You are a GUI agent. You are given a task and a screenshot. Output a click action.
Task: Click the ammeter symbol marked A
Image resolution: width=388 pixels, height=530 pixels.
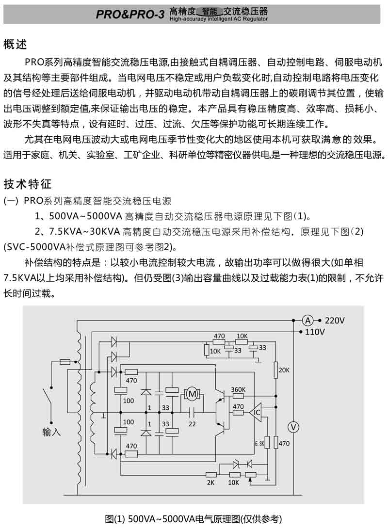(x=307, y=320)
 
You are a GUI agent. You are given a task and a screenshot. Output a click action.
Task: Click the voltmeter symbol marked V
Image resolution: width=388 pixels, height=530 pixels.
(x=293, y=426)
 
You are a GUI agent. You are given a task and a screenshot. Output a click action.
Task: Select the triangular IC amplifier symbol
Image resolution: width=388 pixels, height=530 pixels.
(x=256, y=413)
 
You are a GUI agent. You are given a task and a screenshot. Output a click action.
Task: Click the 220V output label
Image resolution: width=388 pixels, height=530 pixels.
(x=335, y=321)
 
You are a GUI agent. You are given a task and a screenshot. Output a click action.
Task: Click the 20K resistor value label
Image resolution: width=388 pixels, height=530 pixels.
(x=285, y=370)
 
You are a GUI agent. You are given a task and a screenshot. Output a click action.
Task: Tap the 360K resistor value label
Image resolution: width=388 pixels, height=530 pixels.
(x=238, y=389)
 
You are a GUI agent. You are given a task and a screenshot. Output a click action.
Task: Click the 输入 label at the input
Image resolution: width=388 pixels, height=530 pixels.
(x=51, y=432)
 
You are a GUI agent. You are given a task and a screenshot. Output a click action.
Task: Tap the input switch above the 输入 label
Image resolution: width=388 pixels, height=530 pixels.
(x=49, y=395)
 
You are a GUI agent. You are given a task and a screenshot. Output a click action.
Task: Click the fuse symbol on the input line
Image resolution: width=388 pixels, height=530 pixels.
(x=65, y=362)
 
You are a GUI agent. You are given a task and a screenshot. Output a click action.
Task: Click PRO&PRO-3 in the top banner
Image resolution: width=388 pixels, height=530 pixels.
(x=130, y=15)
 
